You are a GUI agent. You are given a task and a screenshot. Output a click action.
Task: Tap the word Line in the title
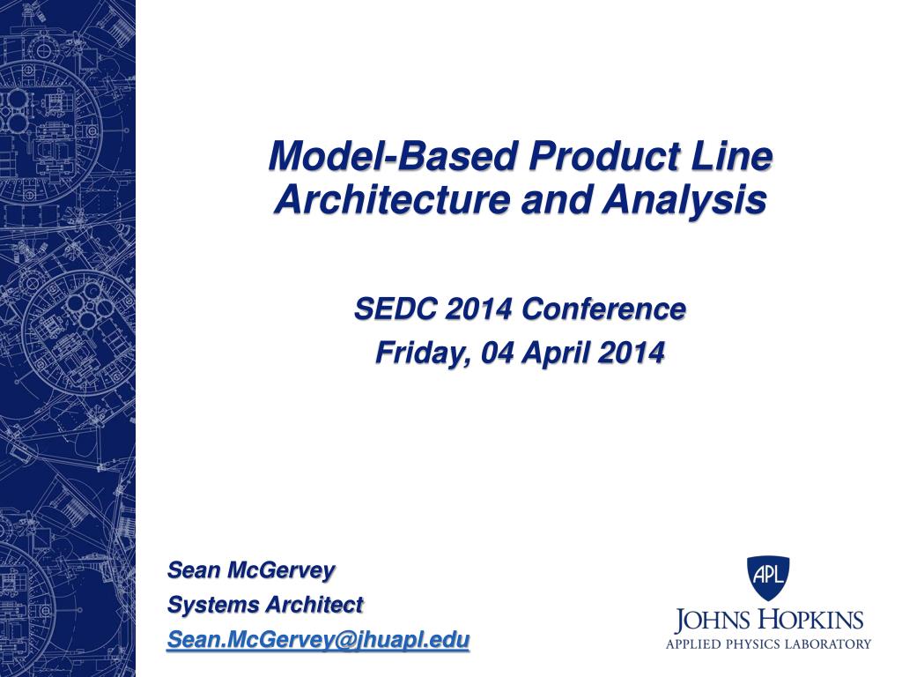[734, 156]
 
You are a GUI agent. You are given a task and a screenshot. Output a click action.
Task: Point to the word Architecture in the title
[392, 199]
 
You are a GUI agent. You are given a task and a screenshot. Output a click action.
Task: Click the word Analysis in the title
[684, 200]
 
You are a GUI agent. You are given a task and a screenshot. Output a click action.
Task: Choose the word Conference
[603, 309]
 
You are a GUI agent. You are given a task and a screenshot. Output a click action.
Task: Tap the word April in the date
[555, 353]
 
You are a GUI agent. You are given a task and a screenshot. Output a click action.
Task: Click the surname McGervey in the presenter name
[281, 571]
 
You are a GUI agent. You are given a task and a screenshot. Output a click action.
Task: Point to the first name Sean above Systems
[194, 570]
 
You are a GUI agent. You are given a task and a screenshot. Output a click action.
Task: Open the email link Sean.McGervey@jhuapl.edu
[318, 640]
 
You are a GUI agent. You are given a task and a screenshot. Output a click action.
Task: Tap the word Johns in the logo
[713, 621]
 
